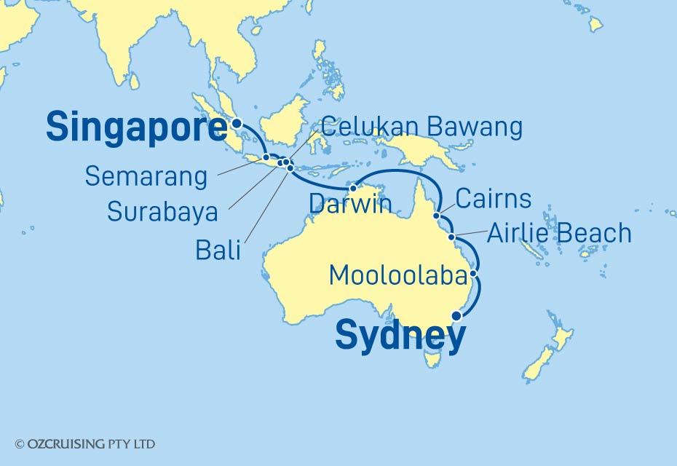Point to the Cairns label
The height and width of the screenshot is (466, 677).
click(493, 199)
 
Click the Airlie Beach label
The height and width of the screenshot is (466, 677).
click(559, 234)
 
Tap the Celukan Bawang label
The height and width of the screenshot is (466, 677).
click(421, 127)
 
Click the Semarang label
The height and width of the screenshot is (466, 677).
click(146, 175)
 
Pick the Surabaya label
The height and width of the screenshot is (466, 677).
click(162, 212)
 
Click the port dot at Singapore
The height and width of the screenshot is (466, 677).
click(237, 124)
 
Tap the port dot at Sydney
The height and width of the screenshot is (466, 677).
click(456, 316)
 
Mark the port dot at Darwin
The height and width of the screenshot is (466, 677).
click(353, 189)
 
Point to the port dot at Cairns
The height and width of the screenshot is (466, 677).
click(437, 216)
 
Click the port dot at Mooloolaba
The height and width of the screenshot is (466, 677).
click(474, 275)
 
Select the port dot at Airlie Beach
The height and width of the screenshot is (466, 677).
click(452, 237)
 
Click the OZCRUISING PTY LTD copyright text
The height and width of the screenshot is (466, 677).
click(84, 443)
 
